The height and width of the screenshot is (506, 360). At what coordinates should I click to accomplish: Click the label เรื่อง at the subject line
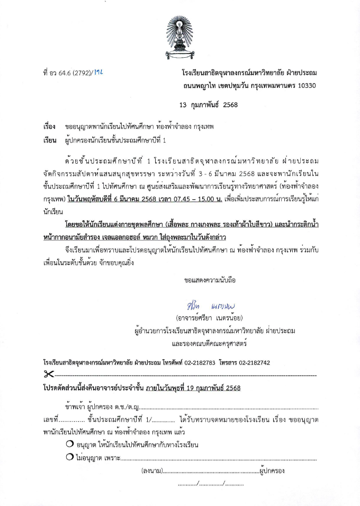[49, 128]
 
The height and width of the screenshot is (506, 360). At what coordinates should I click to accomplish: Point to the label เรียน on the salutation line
[49, 140]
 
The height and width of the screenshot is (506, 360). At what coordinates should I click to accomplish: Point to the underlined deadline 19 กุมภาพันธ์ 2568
[208, 388]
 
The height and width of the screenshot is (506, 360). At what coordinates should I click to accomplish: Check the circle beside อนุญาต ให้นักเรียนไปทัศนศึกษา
[70, 444]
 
